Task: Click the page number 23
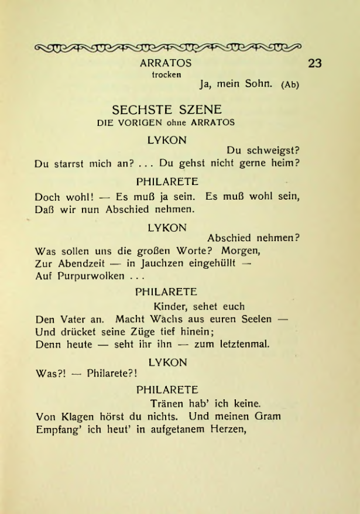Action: [316, 63]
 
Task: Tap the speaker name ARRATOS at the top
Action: [166, 62]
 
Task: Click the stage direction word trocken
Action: [166, 74]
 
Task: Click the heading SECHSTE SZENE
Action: [167, 110]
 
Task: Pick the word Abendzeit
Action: [74, 263]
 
